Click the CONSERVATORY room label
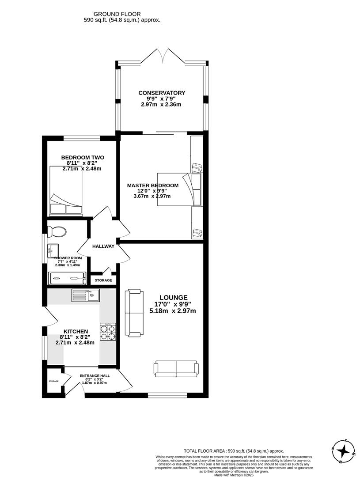pos(162,93)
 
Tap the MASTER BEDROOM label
pos(153,185)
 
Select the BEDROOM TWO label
pos(83,157)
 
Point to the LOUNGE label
pos(174,298)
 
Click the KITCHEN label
pos(76,331)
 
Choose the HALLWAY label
pos(103,246)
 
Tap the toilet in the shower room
pos(57,231)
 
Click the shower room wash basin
pos(52,251)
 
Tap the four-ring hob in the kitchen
pos(109,332)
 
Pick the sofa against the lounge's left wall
pos(134,312)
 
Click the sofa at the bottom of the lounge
pos(176,368)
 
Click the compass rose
pos(343,451)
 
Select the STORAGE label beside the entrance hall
pos(53,381)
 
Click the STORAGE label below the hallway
pos(103,280)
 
